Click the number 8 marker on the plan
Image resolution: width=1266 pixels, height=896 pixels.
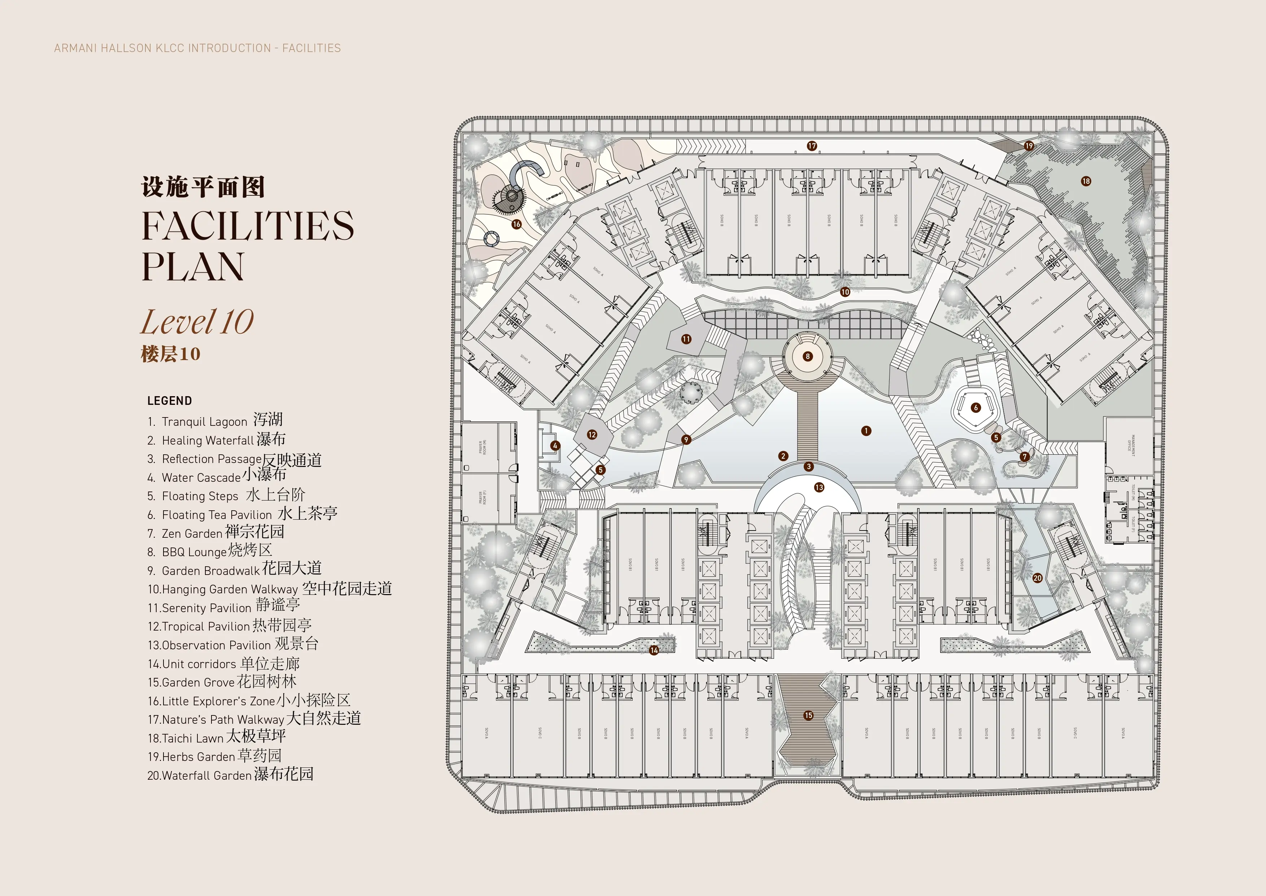tap(808, 356)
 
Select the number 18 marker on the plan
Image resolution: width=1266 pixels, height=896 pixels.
tap(1086, 181)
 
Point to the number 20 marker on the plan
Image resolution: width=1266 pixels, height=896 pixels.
tap(1037, 578)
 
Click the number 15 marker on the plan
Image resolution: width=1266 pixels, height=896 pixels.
tap(808, 715)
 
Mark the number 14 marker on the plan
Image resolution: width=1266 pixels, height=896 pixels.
tap(654, 650)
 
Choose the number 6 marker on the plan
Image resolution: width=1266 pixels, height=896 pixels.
tap(976, 408)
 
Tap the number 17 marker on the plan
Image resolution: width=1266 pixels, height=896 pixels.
tap(812, 146)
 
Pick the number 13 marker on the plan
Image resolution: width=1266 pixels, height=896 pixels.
tap(819, 487)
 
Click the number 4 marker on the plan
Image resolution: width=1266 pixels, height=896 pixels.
tap(555, 446)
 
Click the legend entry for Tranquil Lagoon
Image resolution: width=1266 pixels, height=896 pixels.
tap(215, 421)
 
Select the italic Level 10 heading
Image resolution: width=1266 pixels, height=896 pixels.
tap(197, 322)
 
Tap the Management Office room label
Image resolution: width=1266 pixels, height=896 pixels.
tap(1129, 443)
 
